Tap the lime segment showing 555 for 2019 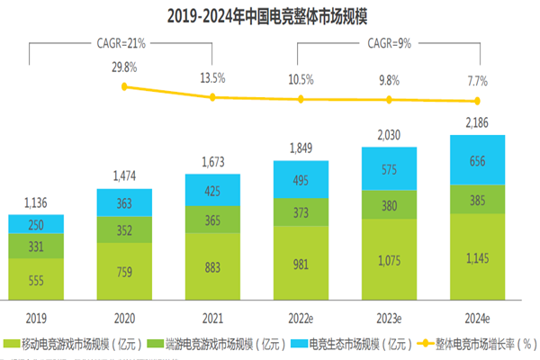point(37,280)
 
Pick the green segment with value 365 point(212,219)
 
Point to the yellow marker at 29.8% point(125,86)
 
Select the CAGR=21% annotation point(121,41)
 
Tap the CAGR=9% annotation point(388,41)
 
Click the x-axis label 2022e point(301,317)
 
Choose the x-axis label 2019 point(37,317)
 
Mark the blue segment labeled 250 point(37,224)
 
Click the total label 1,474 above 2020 point(125,175)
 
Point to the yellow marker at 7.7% point(477,101)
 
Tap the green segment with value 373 point(301,212)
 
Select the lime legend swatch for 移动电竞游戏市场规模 point(12,343)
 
